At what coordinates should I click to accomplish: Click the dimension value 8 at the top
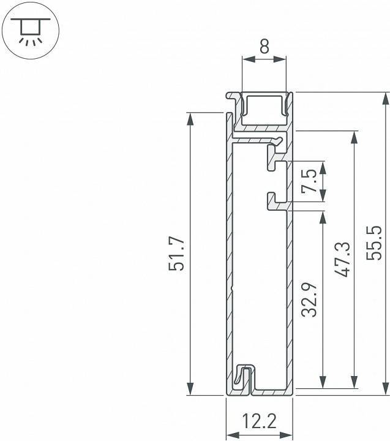pyautogui.click(x=264, y=47)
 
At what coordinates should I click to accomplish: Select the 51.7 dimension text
pyautogui.click(x=177, y=254)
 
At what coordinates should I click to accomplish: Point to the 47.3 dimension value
pyautogui.click(x=343, y=259)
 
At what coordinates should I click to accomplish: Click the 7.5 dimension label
pyautogui.click(x=310, y=182)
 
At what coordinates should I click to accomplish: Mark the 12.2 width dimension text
pyautogui.click(x=260, y=421)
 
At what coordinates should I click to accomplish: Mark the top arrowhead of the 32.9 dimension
pyautogui.click(x=320, y=217)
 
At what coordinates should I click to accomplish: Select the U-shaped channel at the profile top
pyautogui.click(x=264, y=105)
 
